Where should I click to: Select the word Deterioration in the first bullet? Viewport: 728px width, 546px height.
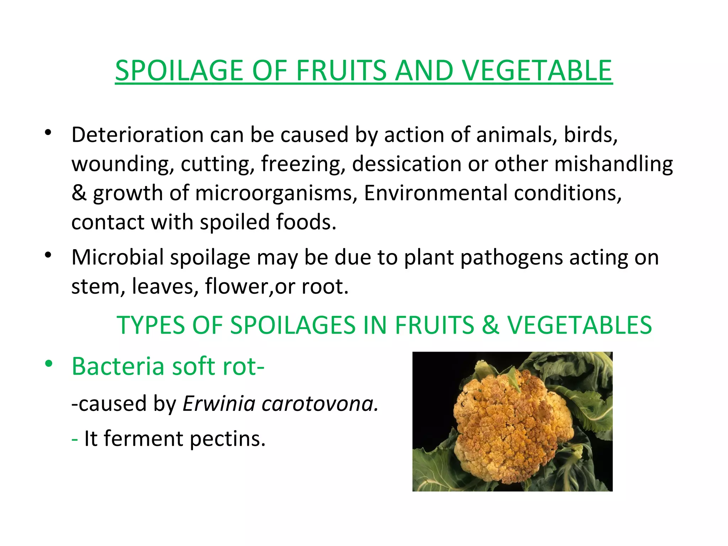pos(137,135)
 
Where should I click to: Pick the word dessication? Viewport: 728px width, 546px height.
pos(406,164)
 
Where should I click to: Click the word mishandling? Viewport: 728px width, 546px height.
pos(613,164)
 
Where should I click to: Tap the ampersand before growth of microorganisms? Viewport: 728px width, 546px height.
pos(79,193)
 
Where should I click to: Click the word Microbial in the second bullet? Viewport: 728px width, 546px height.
pos(117,257)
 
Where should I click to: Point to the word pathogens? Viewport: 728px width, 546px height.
pos(512,258)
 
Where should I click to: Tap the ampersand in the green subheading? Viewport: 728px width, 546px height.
pos(491,325)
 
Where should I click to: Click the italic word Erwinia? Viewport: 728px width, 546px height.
pos(219,404)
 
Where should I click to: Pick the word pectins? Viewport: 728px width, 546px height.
pos(227,439)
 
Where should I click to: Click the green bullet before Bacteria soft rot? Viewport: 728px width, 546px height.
pos(49,364)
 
